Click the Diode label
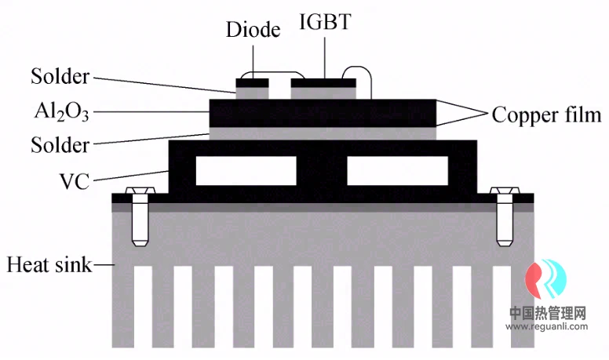click(253, 31)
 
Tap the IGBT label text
click(324, 22)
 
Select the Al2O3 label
click(60, 111)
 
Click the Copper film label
click(546, 115)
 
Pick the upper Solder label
click(60, 77)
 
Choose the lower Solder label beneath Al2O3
click(60, 144)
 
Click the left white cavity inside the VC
click(246, 170)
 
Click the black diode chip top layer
click(252, 81)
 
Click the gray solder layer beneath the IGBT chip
click(323, 92)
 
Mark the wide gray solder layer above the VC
click(323, 133)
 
